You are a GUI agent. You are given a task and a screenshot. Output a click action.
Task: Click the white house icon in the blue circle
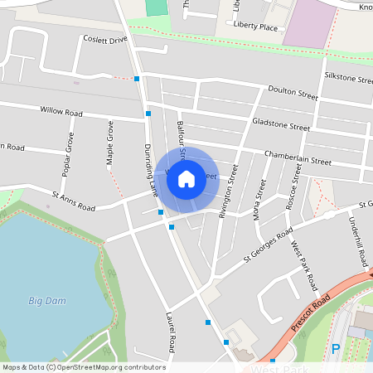pyautogui.click(x=186, y=178)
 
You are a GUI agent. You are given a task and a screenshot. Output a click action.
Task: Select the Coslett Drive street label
pyautogui.click(x=105, y=40)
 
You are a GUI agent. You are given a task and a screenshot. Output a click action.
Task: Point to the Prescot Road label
pyautogui.click(x=311, y=313)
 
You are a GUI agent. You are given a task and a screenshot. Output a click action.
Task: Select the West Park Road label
pyautogui.click(x=304, y=265)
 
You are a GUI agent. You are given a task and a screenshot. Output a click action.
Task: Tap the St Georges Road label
pyautogui.click(x=268, y=245)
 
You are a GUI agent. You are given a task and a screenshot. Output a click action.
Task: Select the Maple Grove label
pyautogui.click(x=109, y=143)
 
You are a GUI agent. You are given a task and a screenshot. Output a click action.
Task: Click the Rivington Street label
pyautogui.click(x=228, y=190)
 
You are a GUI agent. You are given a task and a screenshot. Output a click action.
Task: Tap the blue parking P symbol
pyautogui.click(x=336, y=349)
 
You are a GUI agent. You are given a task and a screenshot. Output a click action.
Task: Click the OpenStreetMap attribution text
pyautogui.click(x=83, y=367)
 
